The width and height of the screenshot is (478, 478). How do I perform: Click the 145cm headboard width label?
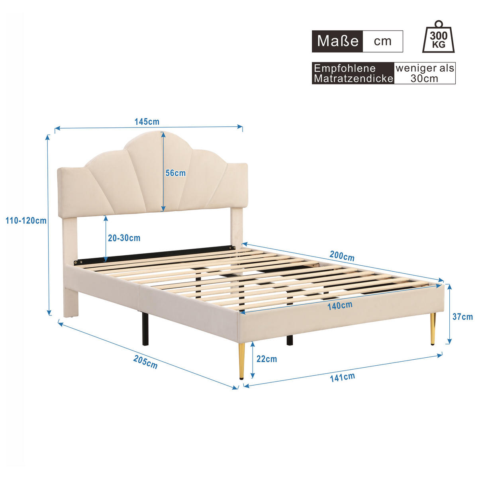(x=147, y=121)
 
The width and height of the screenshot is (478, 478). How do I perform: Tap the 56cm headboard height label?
(x=176, y=173)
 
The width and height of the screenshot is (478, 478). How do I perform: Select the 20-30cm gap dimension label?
(x=124, y=238)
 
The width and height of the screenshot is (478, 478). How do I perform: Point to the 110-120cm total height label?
(x=26, y=220)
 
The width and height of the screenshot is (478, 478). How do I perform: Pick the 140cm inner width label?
(x=340, y=306)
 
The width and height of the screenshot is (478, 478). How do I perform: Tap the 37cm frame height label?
(x=462, y=317)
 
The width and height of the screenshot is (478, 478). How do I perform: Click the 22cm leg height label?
(x=266, y=359)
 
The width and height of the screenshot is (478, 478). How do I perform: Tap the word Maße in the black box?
(x=338, y=41)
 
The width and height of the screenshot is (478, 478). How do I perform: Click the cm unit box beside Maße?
(x=383, y=41)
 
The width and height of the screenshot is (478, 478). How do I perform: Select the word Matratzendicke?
(x=353, y=78)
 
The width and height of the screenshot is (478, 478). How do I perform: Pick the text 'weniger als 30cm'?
(x=425, y=73)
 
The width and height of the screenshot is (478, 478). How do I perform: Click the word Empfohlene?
(x=345, y=68)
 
